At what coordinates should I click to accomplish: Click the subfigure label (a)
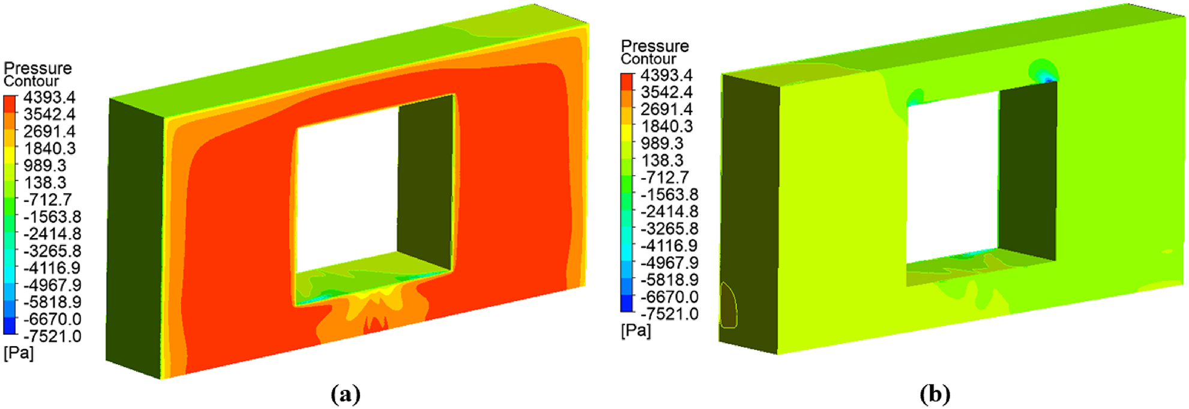(x=345, y=394)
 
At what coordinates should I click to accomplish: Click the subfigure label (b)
(x=935, y=394)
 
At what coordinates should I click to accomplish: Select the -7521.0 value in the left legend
(x=52, y=336)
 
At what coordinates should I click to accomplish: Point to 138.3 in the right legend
(x=662, y=161)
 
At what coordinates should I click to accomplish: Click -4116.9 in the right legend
(x=669, y=246)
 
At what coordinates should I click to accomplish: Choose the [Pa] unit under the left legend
(x=19, y=353)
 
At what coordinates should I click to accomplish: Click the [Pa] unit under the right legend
(x=636, y=330)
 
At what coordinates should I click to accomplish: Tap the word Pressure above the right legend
(x=654, y=46)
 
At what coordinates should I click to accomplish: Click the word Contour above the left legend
(x=31, y=82)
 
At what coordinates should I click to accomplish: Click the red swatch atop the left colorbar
(x=10, y=103)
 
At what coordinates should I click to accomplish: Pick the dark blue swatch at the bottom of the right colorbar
(x=627, y=304)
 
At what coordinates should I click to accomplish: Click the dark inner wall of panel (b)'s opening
(x=1028, y=174)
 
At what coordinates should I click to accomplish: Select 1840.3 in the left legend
(x=49, y=148)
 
